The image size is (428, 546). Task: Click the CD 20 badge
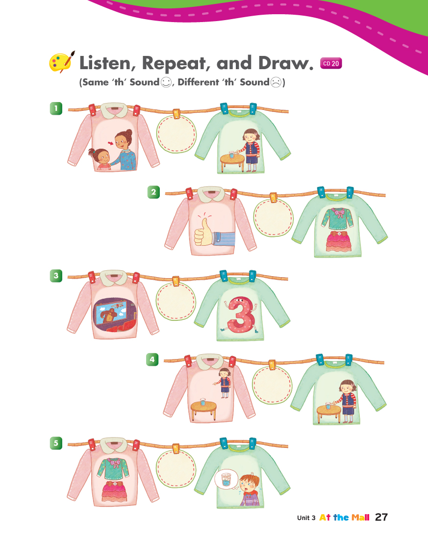point(331,63)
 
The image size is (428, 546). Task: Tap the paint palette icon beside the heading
point(62,62)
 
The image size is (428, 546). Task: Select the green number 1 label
point(56,108)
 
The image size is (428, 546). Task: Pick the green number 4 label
point(152,360)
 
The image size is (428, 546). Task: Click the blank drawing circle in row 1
point(176,134)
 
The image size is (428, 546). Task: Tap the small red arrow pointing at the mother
point(111,143)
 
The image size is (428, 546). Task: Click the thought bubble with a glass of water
point(226,479)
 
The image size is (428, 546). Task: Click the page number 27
point(381,517)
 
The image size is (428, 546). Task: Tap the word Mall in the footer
point(360,518)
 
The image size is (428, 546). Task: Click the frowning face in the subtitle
point(276,82)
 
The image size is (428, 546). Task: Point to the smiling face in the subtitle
point(166,82)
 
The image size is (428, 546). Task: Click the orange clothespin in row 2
point(273,197)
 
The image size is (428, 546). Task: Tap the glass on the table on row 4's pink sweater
point(202,402)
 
